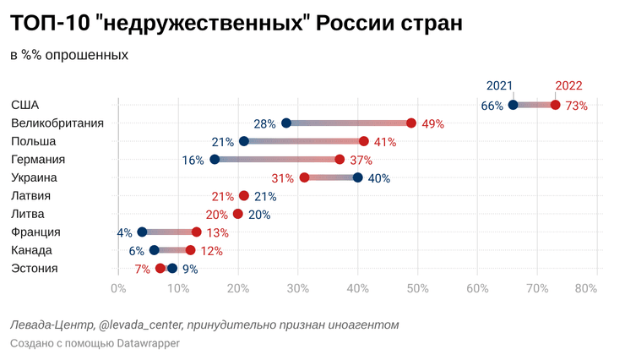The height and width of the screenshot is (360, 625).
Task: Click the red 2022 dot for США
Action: (555, 105)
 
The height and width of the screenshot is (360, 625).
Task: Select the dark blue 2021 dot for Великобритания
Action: (286, 123)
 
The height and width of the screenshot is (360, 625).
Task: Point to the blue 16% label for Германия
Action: (193, 160)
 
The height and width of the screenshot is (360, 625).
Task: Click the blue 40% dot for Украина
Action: (358, 177)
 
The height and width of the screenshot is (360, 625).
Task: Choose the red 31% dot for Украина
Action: (304, 177)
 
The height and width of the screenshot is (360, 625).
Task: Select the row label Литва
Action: (28, 214)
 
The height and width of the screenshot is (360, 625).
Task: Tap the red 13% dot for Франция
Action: (197, 232)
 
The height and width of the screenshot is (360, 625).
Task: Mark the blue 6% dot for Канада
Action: (154, 250)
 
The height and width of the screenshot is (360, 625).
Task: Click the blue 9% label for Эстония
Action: (190, 270)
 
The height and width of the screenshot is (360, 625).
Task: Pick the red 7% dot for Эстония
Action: (160, 269)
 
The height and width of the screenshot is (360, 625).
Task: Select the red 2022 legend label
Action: (568, 85)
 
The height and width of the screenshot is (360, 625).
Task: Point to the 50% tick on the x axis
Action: (417, 288)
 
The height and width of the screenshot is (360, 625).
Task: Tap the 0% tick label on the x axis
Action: (118, 288)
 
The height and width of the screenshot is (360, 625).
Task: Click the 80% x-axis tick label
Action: (585, 288)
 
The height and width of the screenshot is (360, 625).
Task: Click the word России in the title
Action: (346, 24)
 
